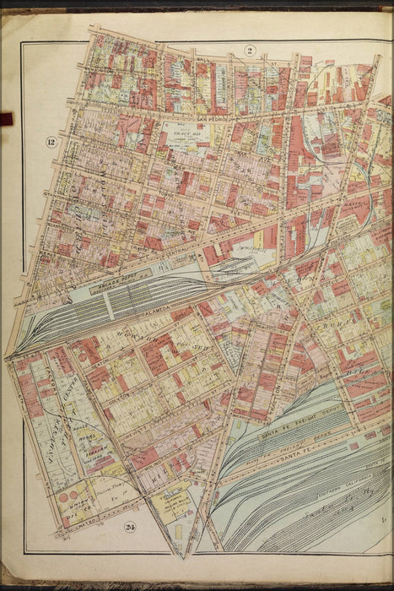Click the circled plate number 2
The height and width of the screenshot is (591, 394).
251,51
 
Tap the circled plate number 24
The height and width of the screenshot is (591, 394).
129,529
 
